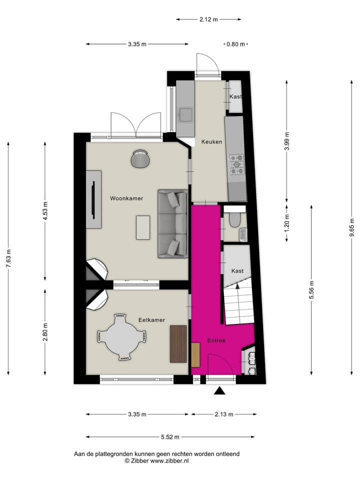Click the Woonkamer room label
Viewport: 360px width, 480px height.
pyautogui.click(x=126, y=198)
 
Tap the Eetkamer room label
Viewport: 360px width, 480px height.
pyautogui.click(x=151, y=319)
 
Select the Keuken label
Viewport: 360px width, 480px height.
pyautogui.click(x=211, y=142)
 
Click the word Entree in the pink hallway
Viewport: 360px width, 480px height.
pyautogui.click(x=216, y=340)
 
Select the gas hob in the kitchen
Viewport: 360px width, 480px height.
pyautogui.click(x=236, y=165)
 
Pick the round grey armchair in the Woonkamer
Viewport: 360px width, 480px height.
pyautogui.click(x=140, y=158)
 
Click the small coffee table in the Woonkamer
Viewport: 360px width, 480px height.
pyautogui.click(x=143, y=227)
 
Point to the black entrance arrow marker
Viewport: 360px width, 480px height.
pyautogui.click(x=219, y=391)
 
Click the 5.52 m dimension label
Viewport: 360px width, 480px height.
pyautogui.click(x=170, y=436)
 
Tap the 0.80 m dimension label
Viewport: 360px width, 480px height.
pyautogui.click(x=235, y=44)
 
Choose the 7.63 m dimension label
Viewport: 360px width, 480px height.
pyautogui.click(x=8, y=258)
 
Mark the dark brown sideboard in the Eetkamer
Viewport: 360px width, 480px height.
pyautogui.click(x=178, y=343)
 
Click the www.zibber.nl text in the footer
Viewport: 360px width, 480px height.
pyautogui.click(x=169, y=460)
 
